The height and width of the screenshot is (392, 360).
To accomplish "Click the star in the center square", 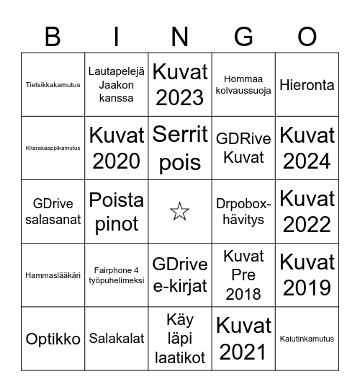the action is pyautogui.click(x=180, y=212).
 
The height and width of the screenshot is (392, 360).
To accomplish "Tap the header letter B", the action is pyautogui.click(x=53, y=37).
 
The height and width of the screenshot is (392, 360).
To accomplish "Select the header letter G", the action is pyautogui.click(x=243, y=37).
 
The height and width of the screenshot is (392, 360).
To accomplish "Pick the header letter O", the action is pyautogui.click(x=307, y=37).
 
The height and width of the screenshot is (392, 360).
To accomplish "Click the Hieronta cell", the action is pyautogui.click(x=307, y=84).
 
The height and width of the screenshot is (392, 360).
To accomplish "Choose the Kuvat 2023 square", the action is pyautogui.click(x=180, y=84).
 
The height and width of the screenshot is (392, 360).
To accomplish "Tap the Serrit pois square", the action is pyautogui.click(x=180, y=148).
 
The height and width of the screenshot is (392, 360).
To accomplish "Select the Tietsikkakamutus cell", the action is pyautogui.click(x=53, y=84).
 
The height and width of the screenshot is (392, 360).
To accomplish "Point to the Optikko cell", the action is pyautogui.click(x=53, y=339).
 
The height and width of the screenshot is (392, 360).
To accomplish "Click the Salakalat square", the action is pyautogui.click(x=116, y=339).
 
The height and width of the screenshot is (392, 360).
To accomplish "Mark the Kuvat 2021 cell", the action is pyautogui.click(x=243, y=339).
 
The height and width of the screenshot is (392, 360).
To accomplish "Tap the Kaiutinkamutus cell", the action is pyautogui.click(x=307, y=339).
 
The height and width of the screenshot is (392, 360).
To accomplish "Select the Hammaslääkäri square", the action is pyautogui.click(x=53, y=275).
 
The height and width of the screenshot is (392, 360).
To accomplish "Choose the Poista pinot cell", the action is pyautogui.click(x=116, y=212).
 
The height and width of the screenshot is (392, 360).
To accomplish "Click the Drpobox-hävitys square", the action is pyautogui.click(x=243, y=212).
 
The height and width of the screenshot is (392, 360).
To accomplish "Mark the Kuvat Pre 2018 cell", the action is pyautogui.click(x=243, y=275).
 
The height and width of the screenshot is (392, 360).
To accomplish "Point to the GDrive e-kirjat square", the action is pyautogui.click(x=180, y=275).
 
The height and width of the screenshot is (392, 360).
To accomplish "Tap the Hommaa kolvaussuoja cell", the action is pyautogui.click(x=243, y=84).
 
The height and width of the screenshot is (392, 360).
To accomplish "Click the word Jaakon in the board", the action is pyautogui.click(x=116, y=84).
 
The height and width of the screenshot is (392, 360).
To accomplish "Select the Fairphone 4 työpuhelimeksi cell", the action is pyautogui.click(x=116, y=275).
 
